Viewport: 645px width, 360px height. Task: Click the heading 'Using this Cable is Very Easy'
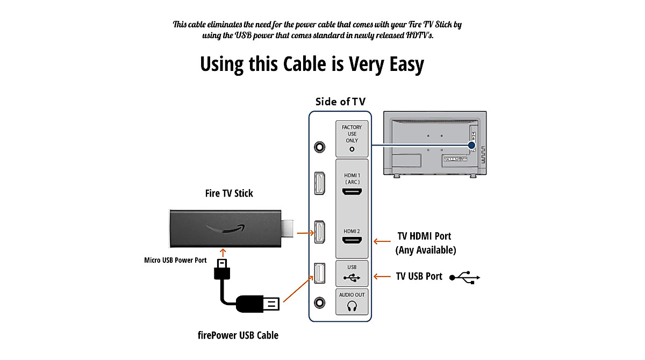pos(312,64)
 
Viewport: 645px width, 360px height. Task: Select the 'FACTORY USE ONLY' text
pos(352,134)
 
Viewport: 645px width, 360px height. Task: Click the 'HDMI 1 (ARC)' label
pos(352,178)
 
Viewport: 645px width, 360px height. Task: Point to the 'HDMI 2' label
pos(352,231)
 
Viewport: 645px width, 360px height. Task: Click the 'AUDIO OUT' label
pos(352,294)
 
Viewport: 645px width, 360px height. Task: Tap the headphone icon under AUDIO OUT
pos(352,306)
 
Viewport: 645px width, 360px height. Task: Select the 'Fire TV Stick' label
pos(229,193)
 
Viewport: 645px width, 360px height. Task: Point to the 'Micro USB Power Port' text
pos(175,260)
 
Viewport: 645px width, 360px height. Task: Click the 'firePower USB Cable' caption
pos(238,335)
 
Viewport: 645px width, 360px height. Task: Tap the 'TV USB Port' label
pos(419,276)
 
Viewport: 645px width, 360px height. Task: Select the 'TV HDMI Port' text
pos(424,236)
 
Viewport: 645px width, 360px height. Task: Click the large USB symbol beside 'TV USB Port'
pos(464,277)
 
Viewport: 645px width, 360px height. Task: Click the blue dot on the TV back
pos(471,145)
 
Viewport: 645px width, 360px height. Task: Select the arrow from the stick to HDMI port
pos(304,233)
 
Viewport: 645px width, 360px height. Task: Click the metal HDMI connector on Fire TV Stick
pos(288,228)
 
